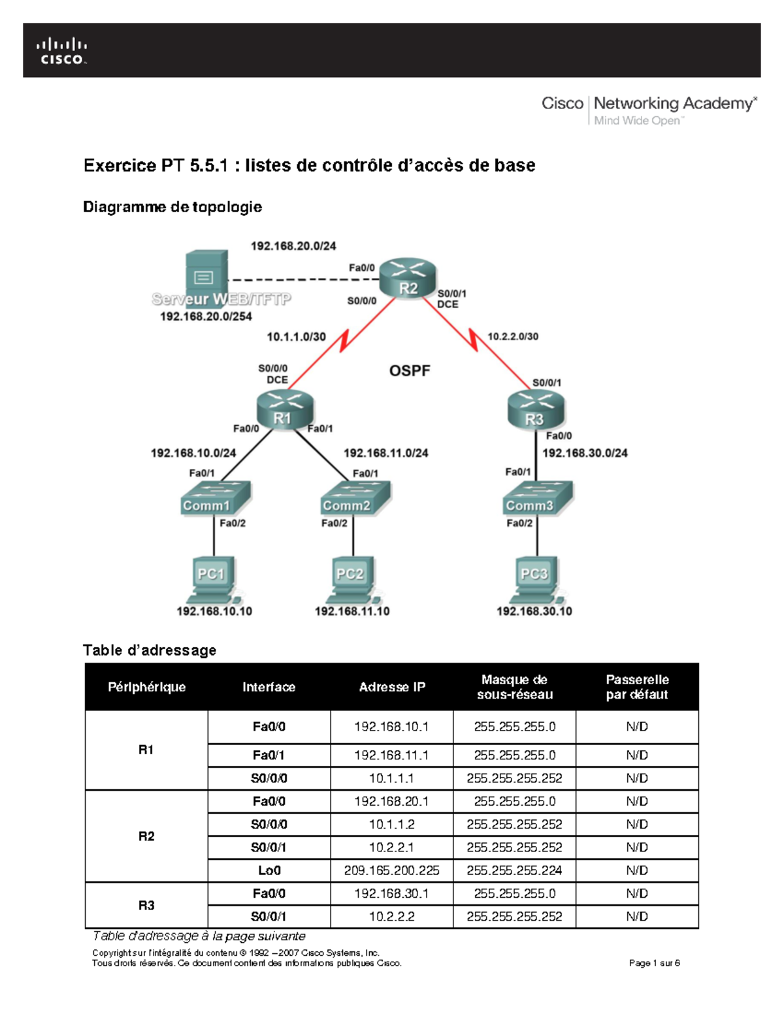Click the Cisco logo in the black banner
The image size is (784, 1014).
pyautogui.click(x=62, y=51)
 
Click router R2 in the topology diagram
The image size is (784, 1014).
pyautogui.click(x=408, y=277)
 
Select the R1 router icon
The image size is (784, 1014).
pyautogui.click(x=285, y=409)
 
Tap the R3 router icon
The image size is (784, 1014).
pyautogui.click(x=535, y=410)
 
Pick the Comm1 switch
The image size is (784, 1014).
pyautogui.click(x=215, y=499)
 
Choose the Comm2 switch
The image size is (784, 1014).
pyautogui.click(x=355, y=499)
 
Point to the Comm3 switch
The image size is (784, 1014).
pyautogui.click(x=538, y=499)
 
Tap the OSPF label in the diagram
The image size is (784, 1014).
pyautogui.click(x=410, y=371)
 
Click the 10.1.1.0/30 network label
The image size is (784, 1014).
pyautogui.click(x=296, y=337)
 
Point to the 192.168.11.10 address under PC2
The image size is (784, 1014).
pyautogui.click(x=352, y=611)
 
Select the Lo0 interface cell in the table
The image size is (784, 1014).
pyautogui.click(x=269, y=870)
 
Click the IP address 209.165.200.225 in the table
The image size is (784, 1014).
pyautogui.click(x=391, y=870)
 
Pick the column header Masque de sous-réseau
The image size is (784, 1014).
pyautogui.click(x=514, y=687)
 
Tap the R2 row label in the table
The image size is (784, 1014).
pyautogui.click(x=146, y=836)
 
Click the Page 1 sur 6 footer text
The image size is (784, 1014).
pyautogui.click(x=654, y=962)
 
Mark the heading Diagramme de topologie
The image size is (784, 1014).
pyautogui.click(x=172, y=207)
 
